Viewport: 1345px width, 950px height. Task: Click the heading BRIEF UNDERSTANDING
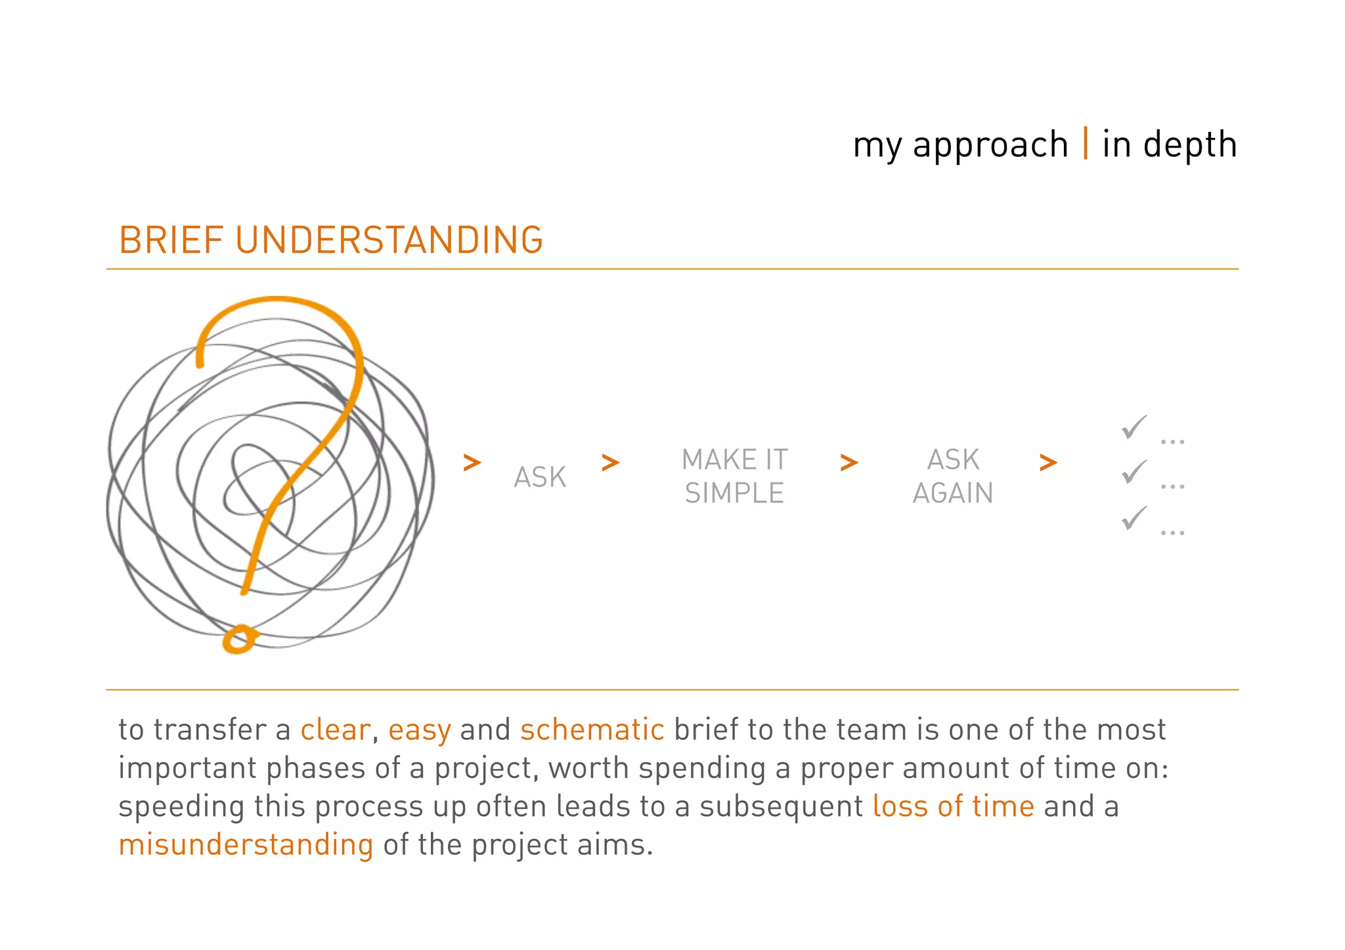331,240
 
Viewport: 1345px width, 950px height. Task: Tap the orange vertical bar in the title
1086,143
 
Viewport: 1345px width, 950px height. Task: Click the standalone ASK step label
540,477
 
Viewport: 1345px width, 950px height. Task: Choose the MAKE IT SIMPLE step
734,477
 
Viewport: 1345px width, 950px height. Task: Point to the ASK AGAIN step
953,477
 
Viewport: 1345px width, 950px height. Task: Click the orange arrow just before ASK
472,462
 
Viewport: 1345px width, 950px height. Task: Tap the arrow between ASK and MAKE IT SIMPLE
610,462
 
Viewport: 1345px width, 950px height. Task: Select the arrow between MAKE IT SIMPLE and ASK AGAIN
849,462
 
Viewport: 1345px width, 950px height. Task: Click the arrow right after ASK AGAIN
1048,462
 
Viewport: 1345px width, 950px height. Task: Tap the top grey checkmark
1134,427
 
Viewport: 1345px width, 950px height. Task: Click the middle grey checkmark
1134,472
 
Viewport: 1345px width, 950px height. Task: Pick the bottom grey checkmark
1134,518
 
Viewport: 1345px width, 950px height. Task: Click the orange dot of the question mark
238,639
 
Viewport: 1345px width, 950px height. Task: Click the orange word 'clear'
336,730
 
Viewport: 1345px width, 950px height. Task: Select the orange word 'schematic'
592,730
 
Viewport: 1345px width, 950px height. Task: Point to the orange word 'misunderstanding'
246,845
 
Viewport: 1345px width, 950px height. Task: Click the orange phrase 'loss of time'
953,806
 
